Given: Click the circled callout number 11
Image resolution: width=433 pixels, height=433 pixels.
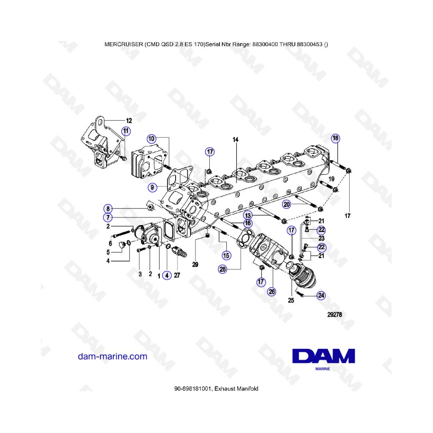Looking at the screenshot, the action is [x=126, y=131].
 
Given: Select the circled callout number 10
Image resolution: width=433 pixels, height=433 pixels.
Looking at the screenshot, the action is [x=152, y=139].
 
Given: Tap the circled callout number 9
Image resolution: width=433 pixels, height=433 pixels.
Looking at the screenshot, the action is [x=152, y=188].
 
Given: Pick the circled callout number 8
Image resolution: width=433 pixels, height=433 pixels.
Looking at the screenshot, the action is [x=108, y=208].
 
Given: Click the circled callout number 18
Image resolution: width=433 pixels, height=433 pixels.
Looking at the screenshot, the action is [x=335, y=138].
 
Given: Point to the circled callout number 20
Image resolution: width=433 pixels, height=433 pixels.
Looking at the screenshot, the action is [x=287, y=204].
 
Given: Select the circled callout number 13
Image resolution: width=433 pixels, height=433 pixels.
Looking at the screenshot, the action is [x=248, y=216].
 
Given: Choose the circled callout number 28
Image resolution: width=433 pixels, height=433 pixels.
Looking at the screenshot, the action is [x=223, y=269].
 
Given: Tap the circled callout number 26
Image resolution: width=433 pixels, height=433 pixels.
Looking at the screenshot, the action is [x=272, y=292].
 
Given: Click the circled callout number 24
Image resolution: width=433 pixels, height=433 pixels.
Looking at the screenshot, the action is [x=321, y=295].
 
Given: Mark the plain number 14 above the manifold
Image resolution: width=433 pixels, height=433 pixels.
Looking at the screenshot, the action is [x=235, y=140].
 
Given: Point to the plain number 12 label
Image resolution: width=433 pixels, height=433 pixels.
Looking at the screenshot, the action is [x=129, y=121].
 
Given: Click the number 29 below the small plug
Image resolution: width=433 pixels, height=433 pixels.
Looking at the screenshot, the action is [x=195, y=265].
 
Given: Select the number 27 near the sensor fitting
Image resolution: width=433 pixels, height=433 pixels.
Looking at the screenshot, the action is [x=177, y=275].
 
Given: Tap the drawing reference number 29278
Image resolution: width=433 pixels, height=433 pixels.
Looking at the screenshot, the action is [x=334, y=315].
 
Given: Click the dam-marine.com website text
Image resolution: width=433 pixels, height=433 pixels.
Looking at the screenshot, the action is [x=113, y=356].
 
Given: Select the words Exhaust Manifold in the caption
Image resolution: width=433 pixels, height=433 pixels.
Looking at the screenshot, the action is [x=236, y=389].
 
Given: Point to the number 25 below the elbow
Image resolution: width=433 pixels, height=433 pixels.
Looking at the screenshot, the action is [x=291, y=300].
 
